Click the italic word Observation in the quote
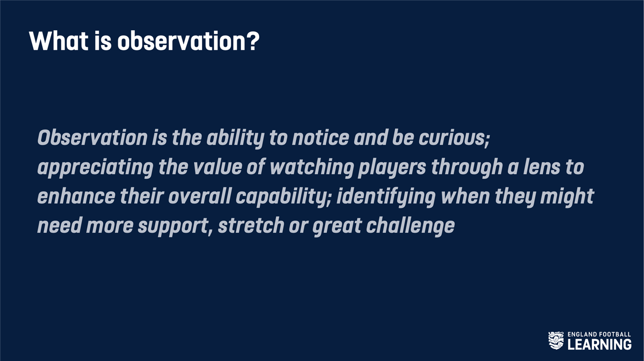click(x=92, y=138)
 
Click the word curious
click(x=454, y=138)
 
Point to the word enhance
click(x=76, y=196)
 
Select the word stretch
click(x=251, y=225)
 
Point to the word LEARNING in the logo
click(x=599, y=344)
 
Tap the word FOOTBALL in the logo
click(x=615, y=335)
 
